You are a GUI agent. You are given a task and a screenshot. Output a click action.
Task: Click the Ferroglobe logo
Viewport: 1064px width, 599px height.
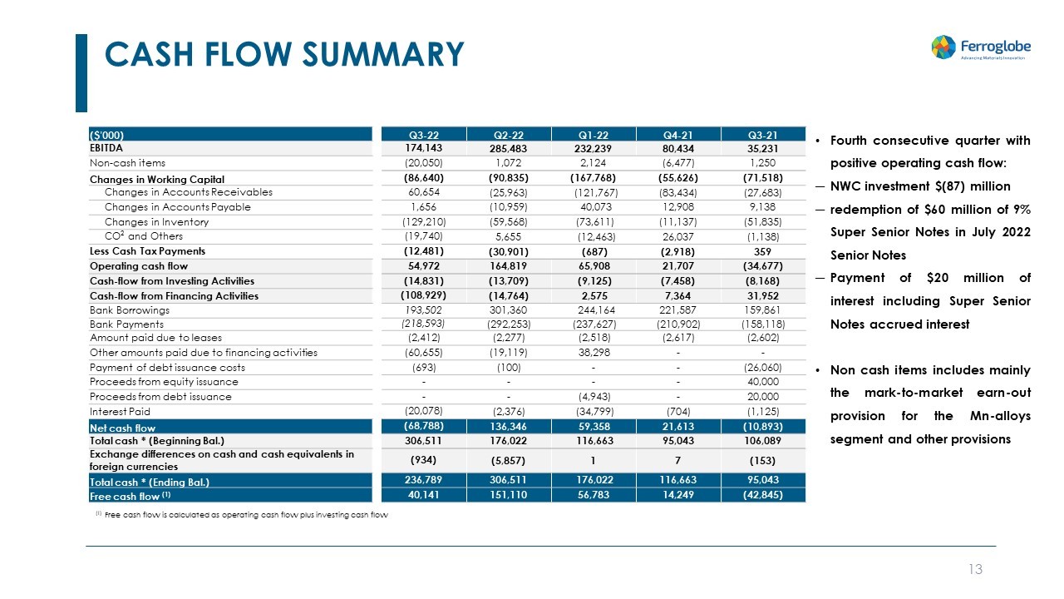click(x=978, y=47)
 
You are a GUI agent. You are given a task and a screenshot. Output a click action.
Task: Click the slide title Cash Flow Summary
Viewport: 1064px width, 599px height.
click(x=284, y=55)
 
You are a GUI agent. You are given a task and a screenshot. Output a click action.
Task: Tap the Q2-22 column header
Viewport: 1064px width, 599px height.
click(x=509, y=134)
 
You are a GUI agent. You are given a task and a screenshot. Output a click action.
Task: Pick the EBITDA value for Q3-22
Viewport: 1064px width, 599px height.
click(x=424, y=148)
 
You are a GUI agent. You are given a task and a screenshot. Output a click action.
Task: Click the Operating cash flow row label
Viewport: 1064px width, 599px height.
click(x=139, y=266)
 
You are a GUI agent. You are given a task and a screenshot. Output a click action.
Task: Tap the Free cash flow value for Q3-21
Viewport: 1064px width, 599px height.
click(x=763, y=496)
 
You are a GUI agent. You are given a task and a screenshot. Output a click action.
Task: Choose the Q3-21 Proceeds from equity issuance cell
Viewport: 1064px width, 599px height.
click(x=763, y=382)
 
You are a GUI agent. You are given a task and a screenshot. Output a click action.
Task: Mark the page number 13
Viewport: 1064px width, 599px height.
click(x=976, y=570)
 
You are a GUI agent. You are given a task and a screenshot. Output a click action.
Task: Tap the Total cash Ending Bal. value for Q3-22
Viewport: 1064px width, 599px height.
click(x=424, y=482)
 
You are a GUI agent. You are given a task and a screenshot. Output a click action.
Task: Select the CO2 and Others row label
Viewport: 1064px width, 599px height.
click(x=143, y=236)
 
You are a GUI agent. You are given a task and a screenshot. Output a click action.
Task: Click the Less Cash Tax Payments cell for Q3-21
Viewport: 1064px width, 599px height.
click(x=763, y=251)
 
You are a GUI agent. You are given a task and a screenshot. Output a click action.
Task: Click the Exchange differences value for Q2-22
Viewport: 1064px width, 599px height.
click(x=509, y=460)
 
